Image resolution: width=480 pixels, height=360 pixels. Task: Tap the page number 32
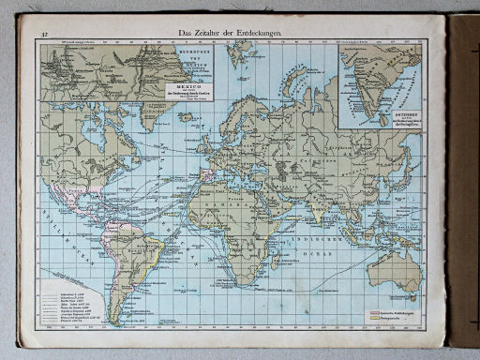click(x=44, y=35)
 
